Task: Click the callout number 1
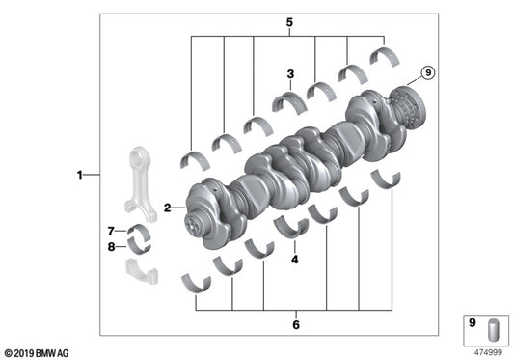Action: [x=80, y=175]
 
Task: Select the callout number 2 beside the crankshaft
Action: [x=167, y=207]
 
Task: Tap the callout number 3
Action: [x=288, y=72]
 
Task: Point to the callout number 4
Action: [x=295, y=259]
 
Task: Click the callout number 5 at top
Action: [x=287, y=21]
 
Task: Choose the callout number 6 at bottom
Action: [x=294, y=324]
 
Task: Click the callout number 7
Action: [x=111, y=230]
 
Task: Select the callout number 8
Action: [x=111, y=247]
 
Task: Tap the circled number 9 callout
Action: [x=428, y=70]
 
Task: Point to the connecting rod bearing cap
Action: [x=143, y=271]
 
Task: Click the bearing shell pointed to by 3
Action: [x=287, y=100]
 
